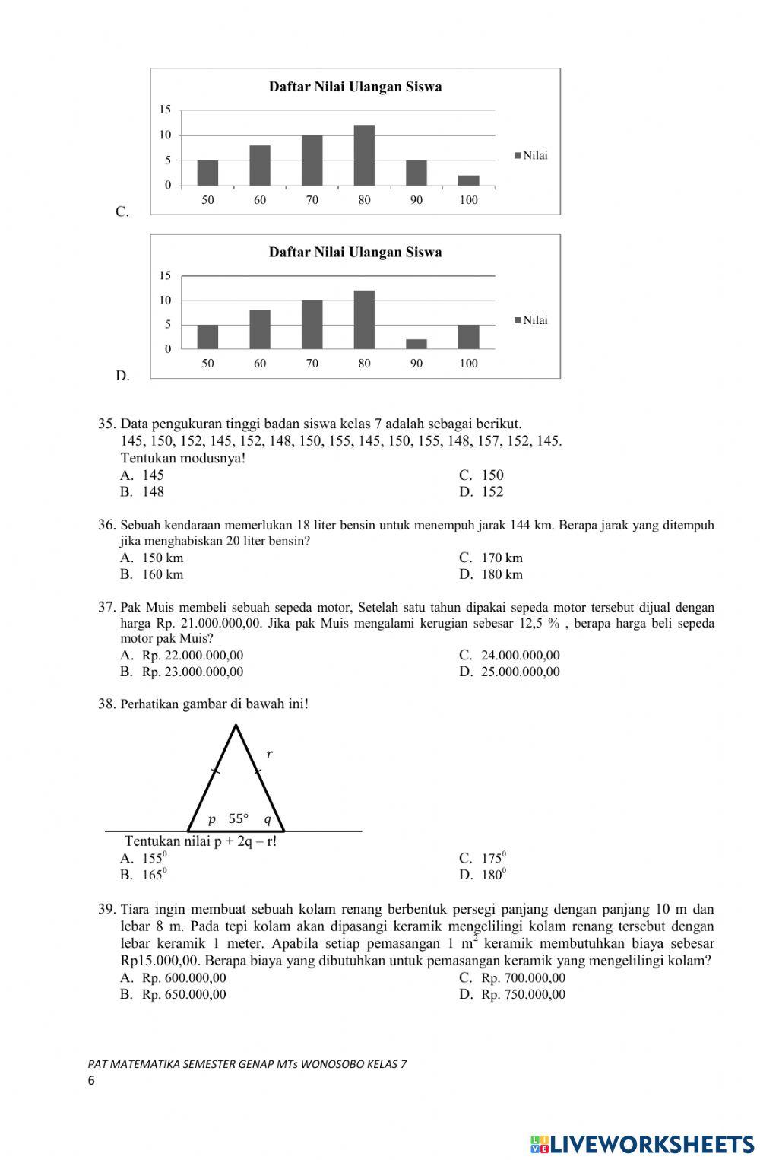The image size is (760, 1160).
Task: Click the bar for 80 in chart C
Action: pos(364,155)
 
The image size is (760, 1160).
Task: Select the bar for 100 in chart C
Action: pos(469,180)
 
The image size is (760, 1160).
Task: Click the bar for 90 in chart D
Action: pos(416,344)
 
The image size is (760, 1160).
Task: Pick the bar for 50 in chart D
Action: pos(207,336)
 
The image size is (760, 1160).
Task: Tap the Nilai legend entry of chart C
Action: pos(531,156)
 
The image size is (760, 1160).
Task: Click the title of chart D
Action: pos(355,252)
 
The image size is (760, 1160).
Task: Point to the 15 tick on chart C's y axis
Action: pos(165,110)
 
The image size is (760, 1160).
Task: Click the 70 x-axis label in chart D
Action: pos(312,364)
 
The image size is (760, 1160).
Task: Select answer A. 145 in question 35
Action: pos(143,475)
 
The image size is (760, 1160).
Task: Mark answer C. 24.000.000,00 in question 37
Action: pos(510,655)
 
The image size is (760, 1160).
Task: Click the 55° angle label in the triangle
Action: pos(239,819)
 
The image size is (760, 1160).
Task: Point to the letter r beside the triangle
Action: pos(269,754)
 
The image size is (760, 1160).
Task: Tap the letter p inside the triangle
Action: pos(212,819)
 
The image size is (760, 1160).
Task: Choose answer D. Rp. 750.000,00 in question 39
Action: pos(513,994)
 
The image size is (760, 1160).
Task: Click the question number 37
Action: pos(106,607)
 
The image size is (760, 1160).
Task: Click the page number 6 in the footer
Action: pos(91,1081)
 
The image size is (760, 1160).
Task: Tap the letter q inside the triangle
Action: pos(268,819)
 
